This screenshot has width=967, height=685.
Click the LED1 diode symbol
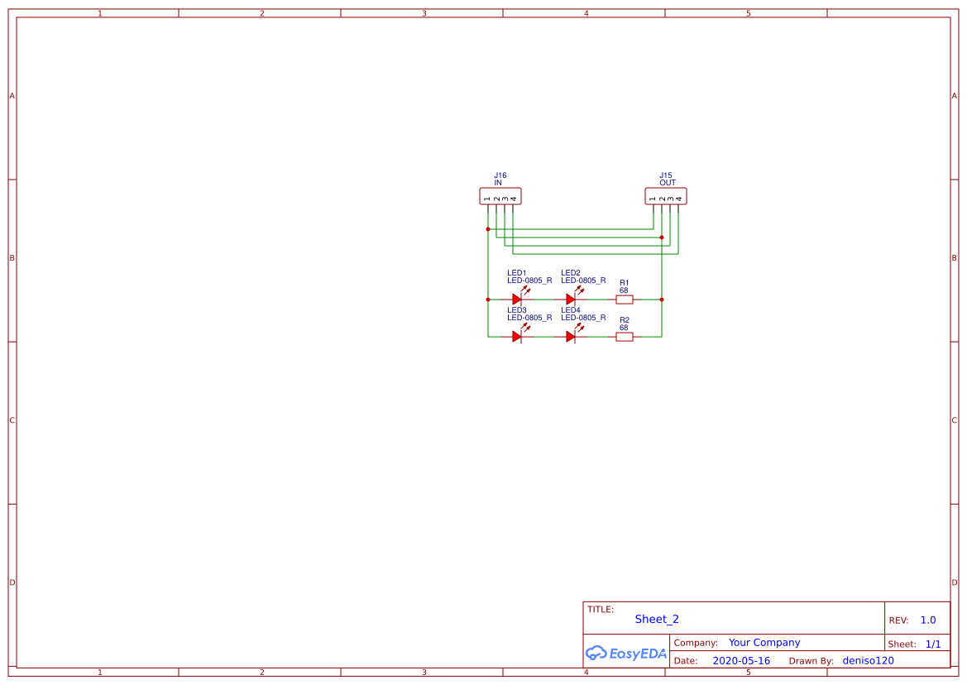pyautogui.click(x=517, y=299)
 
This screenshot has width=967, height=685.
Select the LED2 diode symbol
pyautogui.click(x=571, y=299)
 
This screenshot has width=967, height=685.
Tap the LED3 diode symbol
pyautogui.click(x=517, y=337)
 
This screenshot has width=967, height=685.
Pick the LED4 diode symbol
pyautogui.click(x=571, y=337)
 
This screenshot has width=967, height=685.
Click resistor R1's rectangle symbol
pyautogui.click(x=625, y=299)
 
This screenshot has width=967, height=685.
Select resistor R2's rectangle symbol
pyautogui.click(x=625, y=337)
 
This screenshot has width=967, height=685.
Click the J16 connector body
pyautogui.click(x=500, y=196)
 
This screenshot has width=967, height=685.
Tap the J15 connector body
pyautogui.click(x=666, y=196)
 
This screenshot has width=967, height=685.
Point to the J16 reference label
pyautogui.click(x=500, y=175)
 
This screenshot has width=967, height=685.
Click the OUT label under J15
pyautogui.click(x=668, y=183)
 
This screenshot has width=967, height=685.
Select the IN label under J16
pyautogui.click(x=498, y=183)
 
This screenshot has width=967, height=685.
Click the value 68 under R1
pyautogui.click(x=624, y=290)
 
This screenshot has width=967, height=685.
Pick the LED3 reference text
pyautogui.click(x=517, y=310)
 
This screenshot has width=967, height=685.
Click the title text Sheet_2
pyautogui.click(x=657, y=619)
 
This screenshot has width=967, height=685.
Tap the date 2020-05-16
pyautogui.click(x=741, y=661)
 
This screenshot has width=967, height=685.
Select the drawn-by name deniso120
pyautogui.click(x=868, y=661)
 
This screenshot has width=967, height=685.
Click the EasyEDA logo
pyautogui.click(x=626, y=653)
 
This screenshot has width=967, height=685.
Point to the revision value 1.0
pyautogui.click(x=928, y=620)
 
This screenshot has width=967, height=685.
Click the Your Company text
pyautogui.click(x=764, y=643)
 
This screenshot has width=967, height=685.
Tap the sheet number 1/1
pyautogui.click(x=933, y=644)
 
